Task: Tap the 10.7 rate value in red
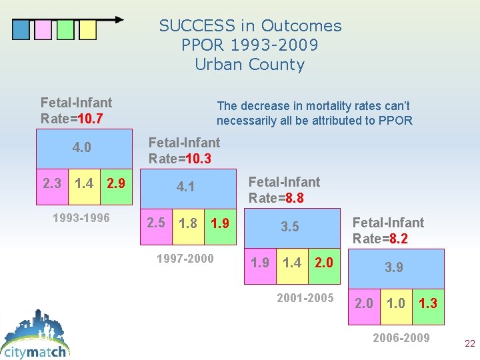pyautogui.click(x=89, y=119)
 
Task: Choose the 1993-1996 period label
pyautogui.click(x=81, y=218)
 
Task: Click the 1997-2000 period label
pyautogui.click(x=185, y=258)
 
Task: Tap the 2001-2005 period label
pyautogui.click(x=305, y=298)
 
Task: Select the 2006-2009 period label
pyautogui.click(x=401, y=338)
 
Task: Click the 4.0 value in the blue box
pyautogui.click(x=81, y=147)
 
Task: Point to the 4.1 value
pyautogui.click(x=185, y=187)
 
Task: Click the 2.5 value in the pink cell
pyautogui.click(x=156, y=223)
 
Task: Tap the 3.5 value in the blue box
pyautogui.click(x=290, y=227)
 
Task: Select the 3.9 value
pyautogui.click(x=394, y=267)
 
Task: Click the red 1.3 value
pyautogui.click(x=428, y=303)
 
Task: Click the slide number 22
pyautogui.click(x=469, y=344)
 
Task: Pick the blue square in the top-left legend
pyautogui.click(x=21, y=29)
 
